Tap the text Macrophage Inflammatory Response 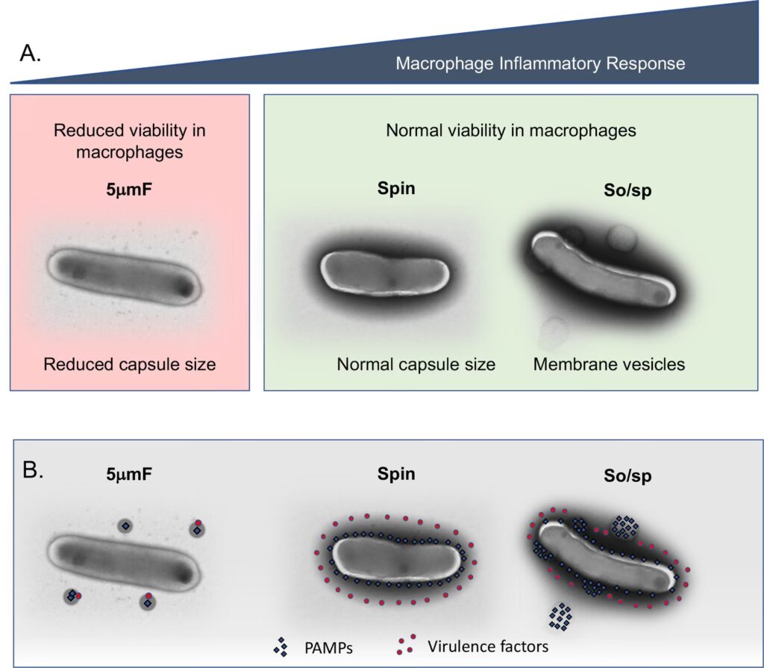tap(540, 63)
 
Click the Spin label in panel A tap(395, 188)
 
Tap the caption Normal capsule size tap(416, 365)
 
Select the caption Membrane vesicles tap(609, 365)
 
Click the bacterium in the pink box tap(124, 275)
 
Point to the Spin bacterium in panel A tap(386, 275)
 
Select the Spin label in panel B tap(396, 474)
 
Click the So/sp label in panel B tap(627, 475)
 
